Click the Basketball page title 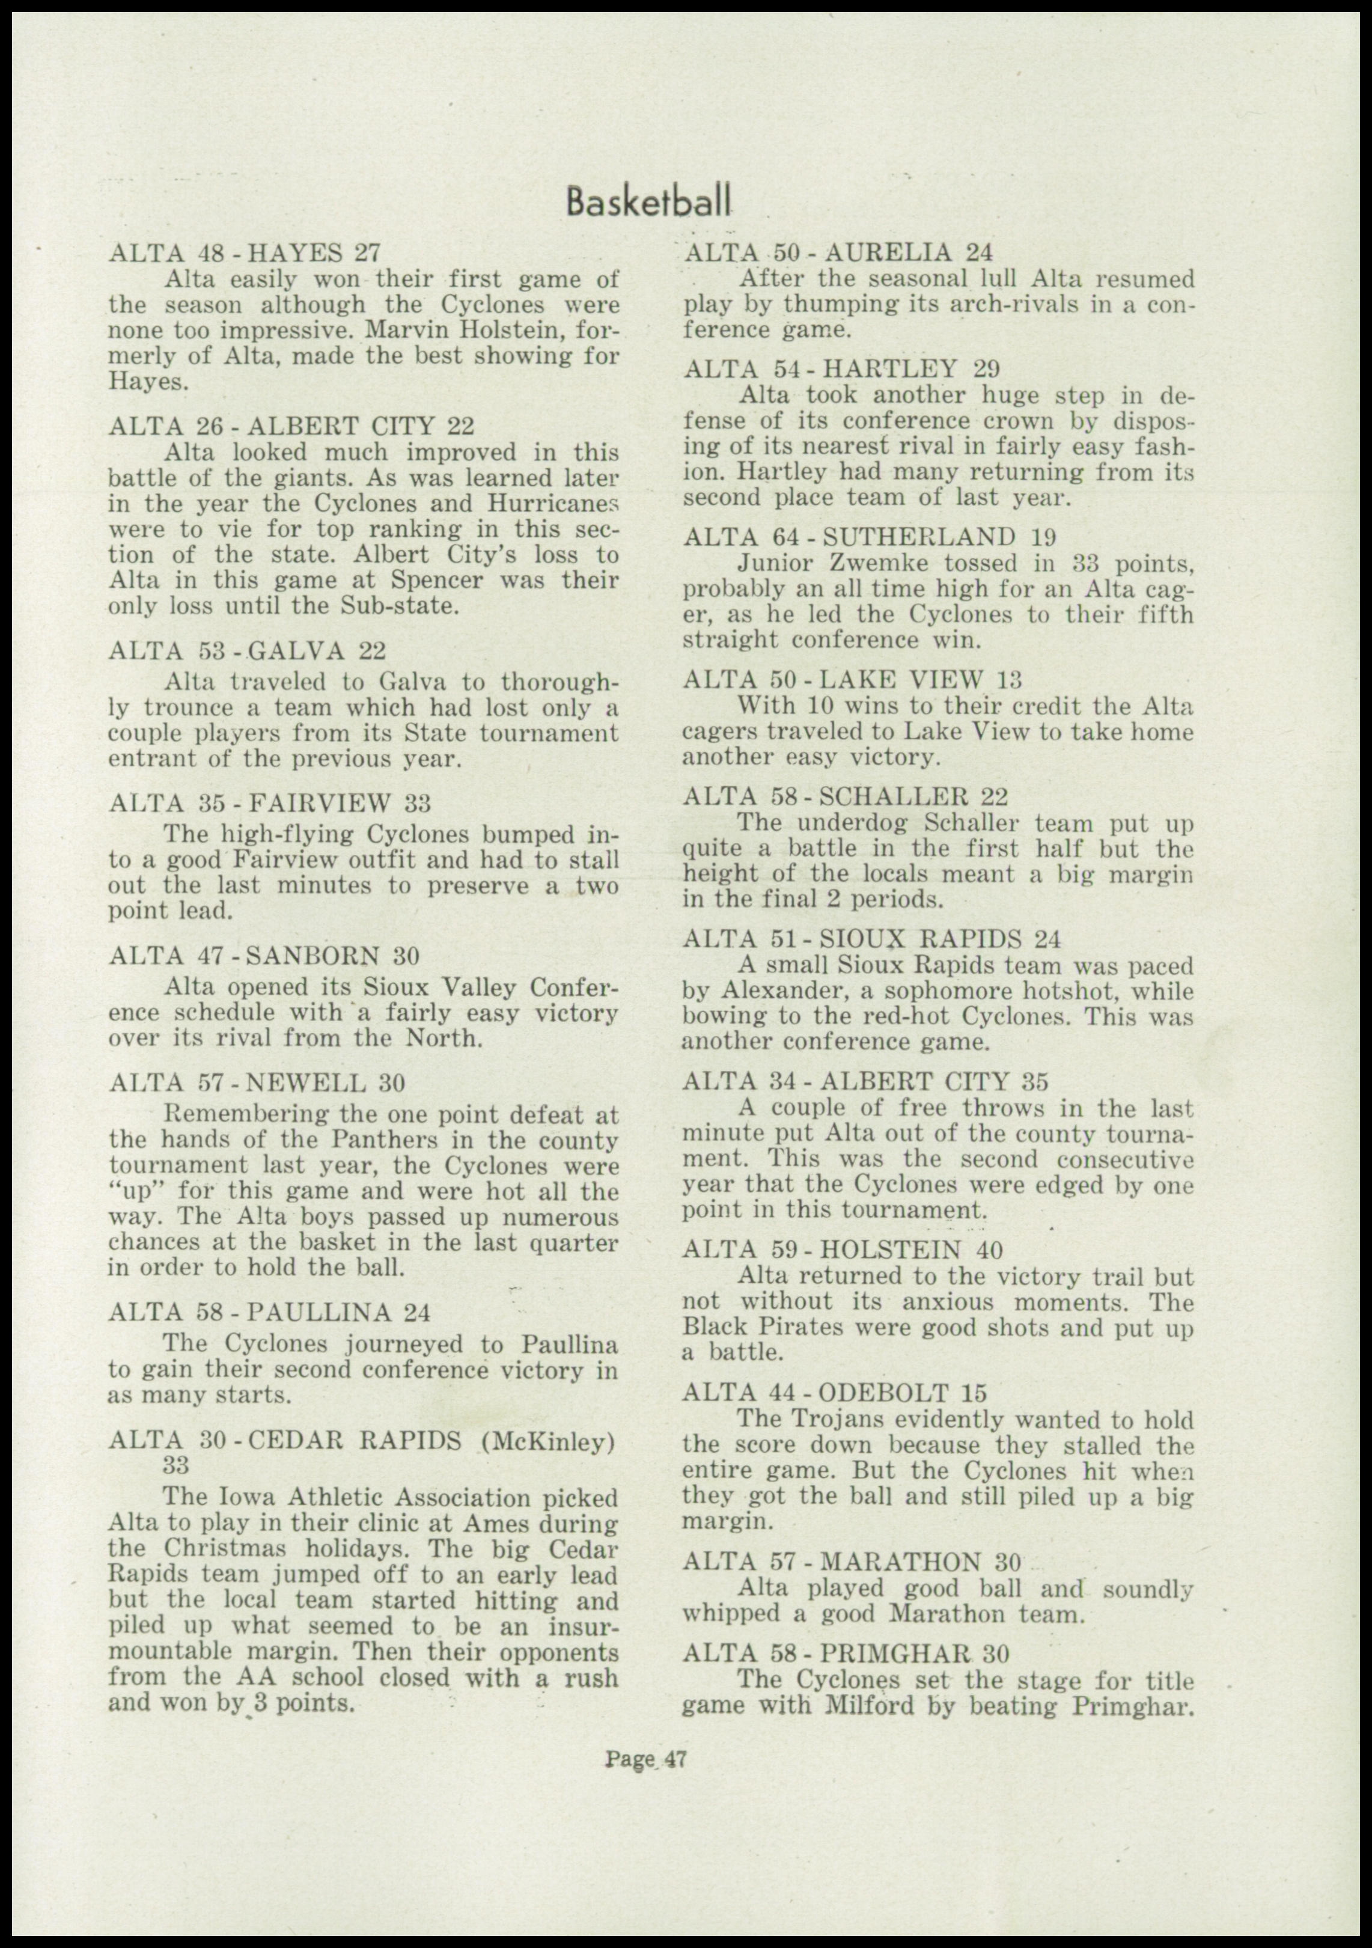pyautogui.click(x=648, y=204)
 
